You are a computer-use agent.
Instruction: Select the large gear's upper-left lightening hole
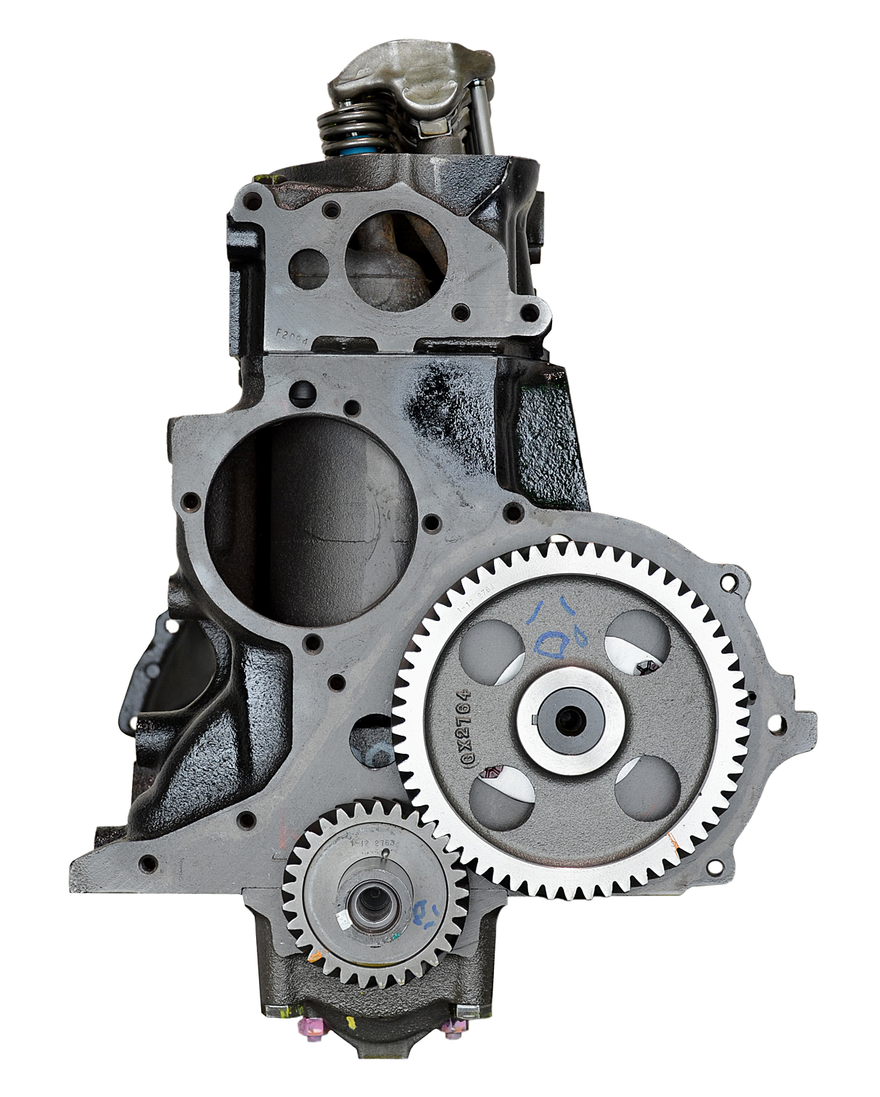pos(496,637)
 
